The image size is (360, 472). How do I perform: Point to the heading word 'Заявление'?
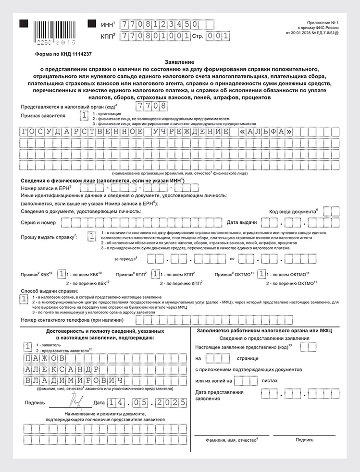tap(179, 63)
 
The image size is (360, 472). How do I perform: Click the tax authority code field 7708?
tap(152, 106)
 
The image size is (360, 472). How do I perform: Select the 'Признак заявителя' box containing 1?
tap(84, 115)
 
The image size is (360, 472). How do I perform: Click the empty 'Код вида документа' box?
tap(332, 211)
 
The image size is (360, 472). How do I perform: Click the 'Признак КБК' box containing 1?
tap(62, 274)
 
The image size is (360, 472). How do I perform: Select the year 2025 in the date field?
tap(169, 402)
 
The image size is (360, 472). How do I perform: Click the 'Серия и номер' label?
tap(38, 223)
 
